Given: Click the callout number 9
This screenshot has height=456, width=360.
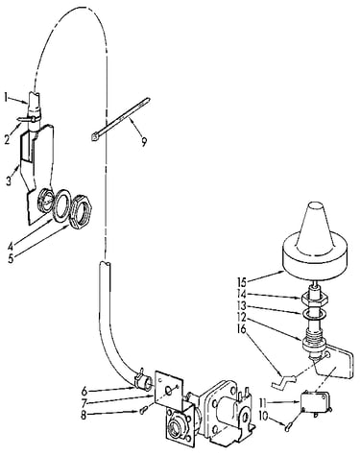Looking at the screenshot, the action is point(144,142).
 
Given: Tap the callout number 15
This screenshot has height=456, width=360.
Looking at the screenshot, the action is point(242,282).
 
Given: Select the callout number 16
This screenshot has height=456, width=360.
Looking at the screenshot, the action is point(242,329).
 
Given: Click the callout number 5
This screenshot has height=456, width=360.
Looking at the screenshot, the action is point(12,258).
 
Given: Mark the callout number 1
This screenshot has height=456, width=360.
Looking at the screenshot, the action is point(7,97).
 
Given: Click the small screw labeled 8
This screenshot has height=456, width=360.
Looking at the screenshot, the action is point(143,409).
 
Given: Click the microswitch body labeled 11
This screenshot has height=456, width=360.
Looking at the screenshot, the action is point(314,402).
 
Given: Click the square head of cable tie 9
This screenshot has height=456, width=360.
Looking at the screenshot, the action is point(94,136).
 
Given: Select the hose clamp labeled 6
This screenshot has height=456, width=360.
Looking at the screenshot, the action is point(140,376).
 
